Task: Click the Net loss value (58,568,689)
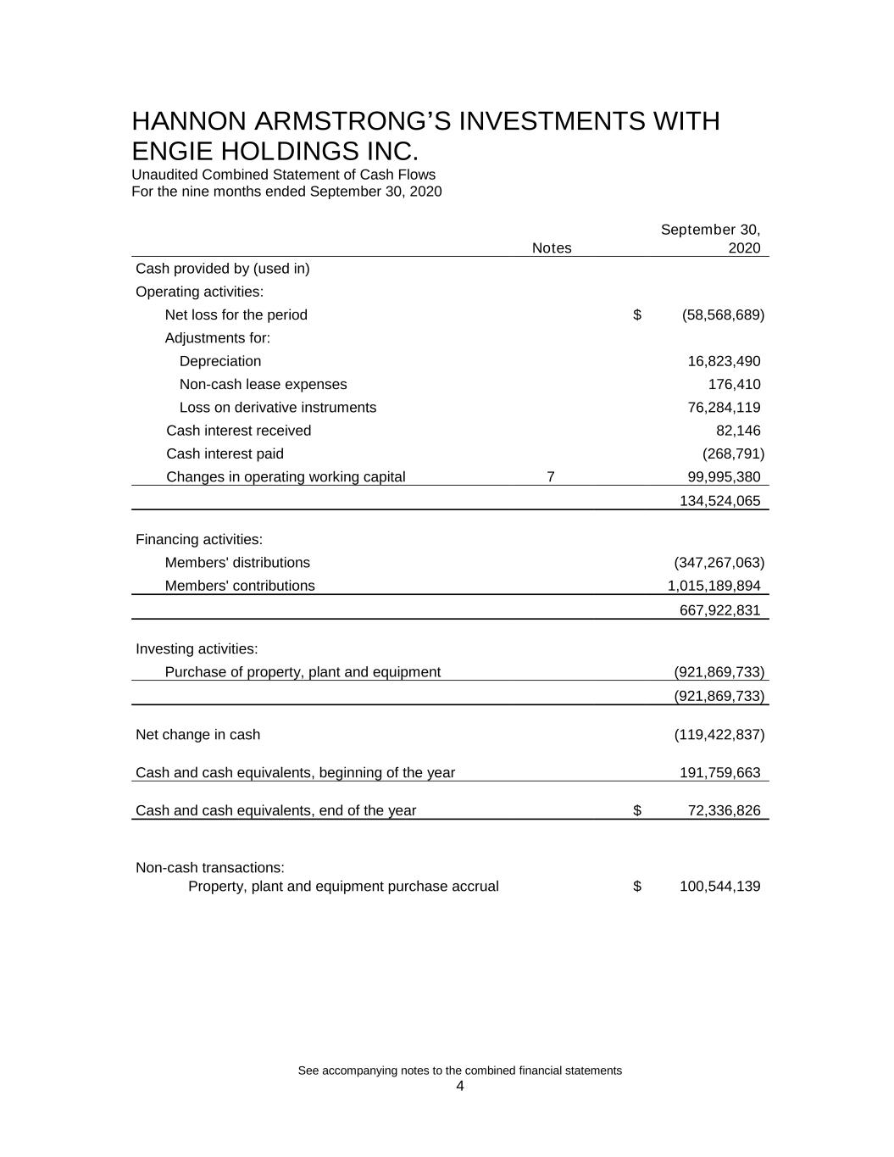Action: coord(723,315)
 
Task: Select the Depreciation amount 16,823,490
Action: coord(724,361)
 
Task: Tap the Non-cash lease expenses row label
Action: coord(263,385)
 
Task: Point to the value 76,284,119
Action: coord(724,408)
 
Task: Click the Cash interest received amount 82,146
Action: coord(738,431)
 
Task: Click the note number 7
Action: coord(551,477)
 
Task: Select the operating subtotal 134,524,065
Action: coord(720,501)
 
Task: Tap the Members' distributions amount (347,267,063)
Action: coord(719,563)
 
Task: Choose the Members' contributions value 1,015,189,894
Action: coord(714,586)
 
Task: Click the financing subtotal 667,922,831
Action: coord(720,610)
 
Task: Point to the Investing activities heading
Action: coord(197,649)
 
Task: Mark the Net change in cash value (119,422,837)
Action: coord(719,735)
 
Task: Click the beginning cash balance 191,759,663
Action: coord(720,773)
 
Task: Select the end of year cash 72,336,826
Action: coord(724,811)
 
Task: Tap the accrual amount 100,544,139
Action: coord(720,887)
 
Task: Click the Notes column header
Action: coord(552,248)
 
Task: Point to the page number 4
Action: coord(460,1087)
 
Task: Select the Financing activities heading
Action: coord(199,540)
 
